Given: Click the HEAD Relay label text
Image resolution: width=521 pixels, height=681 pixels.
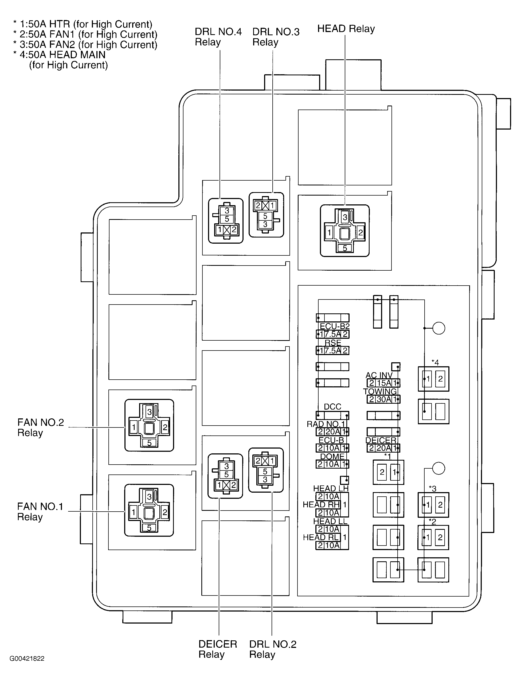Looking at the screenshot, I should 346,29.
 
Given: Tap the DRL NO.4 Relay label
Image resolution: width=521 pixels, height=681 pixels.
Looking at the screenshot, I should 218,37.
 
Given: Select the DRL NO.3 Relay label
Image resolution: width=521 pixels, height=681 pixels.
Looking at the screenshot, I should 276,37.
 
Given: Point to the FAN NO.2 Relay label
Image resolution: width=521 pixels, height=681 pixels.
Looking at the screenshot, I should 40,427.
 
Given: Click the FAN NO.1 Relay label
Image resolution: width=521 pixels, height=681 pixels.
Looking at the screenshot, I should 40,512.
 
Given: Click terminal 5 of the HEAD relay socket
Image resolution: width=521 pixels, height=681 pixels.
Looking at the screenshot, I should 344,248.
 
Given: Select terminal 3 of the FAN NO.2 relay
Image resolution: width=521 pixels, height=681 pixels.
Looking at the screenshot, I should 149,412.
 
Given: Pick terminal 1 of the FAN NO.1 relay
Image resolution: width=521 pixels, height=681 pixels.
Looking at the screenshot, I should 133,512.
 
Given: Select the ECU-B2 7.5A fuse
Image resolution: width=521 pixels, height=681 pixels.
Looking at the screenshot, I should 332,334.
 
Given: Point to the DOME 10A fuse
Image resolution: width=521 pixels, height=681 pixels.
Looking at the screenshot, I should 332,464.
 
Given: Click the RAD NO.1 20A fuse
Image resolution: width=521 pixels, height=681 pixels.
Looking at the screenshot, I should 332,431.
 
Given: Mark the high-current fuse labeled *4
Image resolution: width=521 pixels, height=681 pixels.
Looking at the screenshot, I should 433,379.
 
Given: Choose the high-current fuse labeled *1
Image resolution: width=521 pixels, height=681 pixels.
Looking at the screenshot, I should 388,472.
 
